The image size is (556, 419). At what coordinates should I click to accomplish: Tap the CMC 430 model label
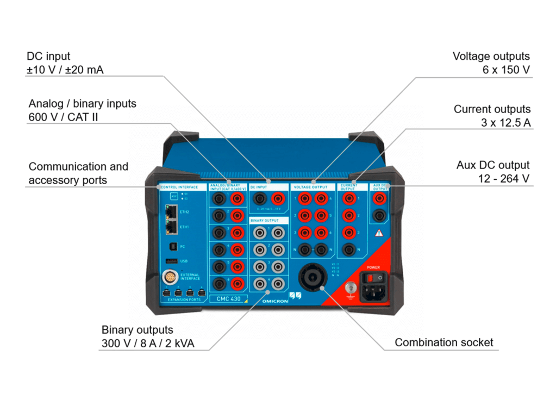point(228,298)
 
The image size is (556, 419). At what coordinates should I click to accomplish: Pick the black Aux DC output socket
point(379,216)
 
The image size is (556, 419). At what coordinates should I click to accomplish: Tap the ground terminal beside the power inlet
point(351,288)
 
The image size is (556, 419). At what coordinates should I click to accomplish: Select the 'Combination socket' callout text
point(443,342)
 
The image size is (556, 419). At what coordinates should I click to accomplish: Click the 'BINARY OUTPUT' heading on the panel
point(265,221)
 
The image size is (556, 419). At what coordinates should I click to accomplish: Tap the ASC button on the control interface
point(174,196)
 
